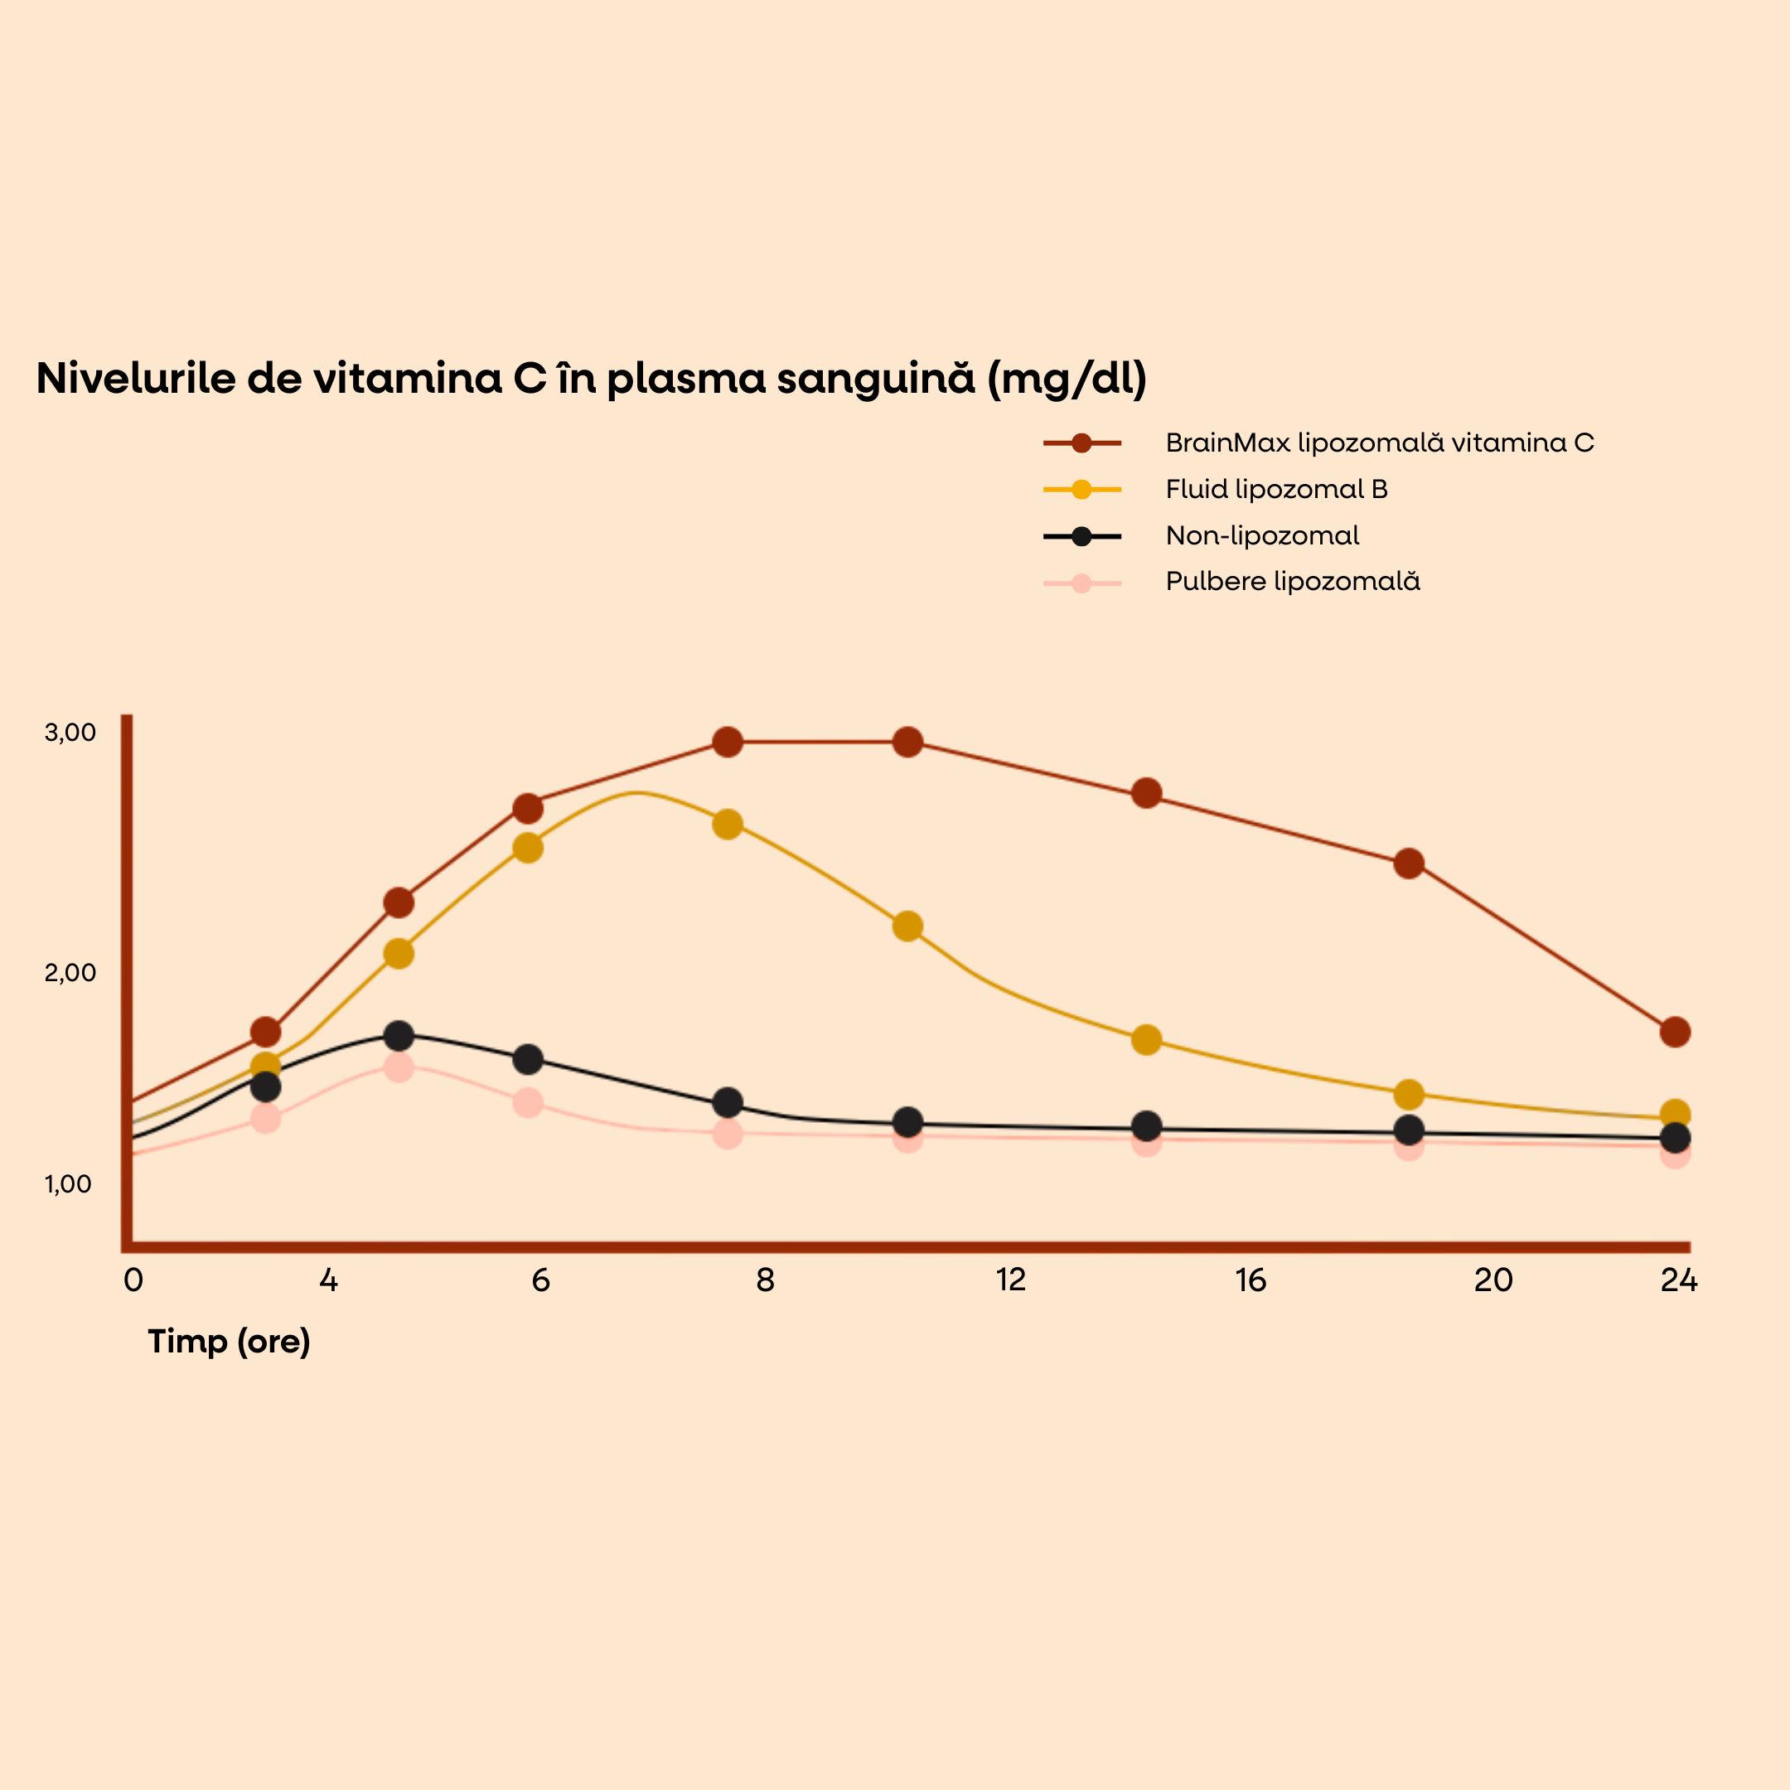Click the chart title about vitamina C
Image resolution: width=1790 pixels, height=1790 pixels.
click(591, 379)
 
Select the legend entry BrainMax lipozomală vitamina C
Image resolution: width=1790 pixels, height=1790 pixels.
click(1380, 443)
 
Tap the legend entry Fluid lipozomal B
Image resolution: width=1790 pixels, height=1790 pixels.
click(1276, 489)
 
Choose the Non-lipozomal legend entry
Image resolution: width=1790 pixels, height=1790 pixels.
click(1262, 535)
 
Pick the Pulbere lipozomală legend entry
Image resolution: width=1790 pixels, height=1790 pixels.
click(1293, 582)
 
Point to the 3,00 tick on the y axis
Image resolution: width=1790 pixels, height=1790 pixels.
click(70, 733)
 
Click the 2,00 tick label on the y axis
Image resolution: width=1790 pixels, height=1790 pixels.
click(70, 973)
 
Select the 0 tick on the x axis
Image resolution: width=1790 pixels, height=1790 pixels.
click(133, 1280)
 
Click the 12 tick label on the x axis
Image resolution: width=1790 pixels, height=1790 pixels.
click(1011, 1280)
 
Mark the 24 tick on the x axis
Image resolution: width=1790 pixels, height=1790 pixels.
click(1679, 1280)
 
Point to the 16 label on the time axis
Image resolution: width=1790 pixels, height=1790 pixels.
click(1250, 1280)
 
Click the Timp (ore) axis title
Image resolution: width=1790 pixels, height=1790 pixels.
click(229, 1342)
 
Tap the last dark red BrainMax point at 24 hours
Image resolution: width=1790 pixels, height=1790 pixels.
click(1675, 1031)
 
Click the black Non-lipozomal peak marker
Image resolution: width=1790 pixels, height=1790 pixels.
click(399, 1035)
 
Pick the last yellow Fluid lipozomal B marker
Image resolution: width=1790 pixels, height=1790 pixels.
click(1675, 1114)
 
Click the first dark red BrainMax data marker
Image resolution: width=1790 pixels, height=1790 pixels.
click(266, 1031)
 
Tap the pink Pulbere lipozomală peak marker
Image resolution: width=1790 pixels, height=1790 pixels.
click(399, 1067)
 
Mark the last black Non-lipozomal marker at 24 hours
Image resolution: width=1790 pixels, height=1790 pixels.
click(1675, 1138)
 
